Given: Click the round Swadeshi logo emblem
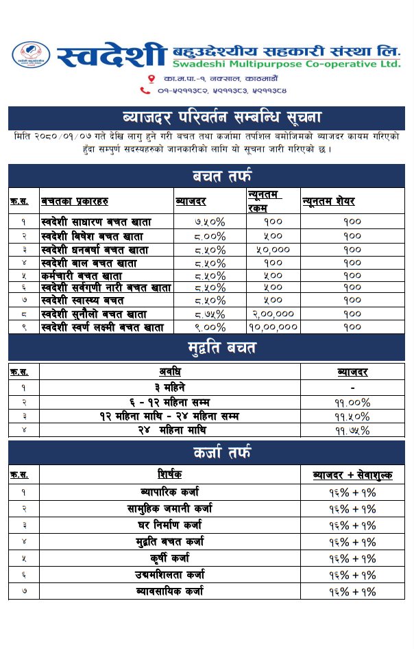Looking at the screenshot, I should click(32, 55).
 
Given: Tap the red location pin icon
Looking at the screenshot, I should click(151, 79).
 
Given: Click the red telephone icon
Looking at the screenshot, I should click(145, 90).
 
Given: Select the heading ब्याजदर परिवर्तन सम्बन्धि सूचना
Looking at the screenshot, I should click(206, 116).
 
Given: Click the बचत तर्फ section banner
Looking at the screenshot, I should click(206, 176).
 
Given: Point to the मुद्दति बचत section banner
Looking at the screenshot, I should click(206, 348).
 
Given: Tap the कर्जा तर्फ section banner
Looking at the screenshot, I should click(206, 452).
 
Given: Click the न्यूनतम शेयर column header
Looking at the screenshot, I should click(328, 201).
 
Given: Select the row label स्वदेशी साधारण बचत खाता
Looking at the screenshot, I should click(96, 222).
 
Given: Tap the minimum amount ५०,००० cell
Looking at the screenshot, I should click(273, 250).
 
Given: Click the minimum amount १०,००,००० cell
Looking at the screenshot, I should click(273, 328).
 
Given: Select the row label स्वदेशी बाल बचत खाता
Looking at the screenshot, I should click(88, 263).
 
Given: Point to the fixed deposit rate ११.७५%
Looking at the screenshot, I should click(352, 431).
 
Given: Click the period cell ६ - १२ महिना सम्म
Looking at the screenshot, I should click(170, 401).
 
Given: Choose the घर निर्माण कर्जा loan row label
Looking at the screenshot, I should click(170, 526).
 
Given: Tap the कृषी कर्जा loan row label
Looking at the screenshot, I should click(170, 558).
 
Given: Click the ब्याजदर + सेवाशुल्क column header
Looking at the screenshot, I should click(352, 475).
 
